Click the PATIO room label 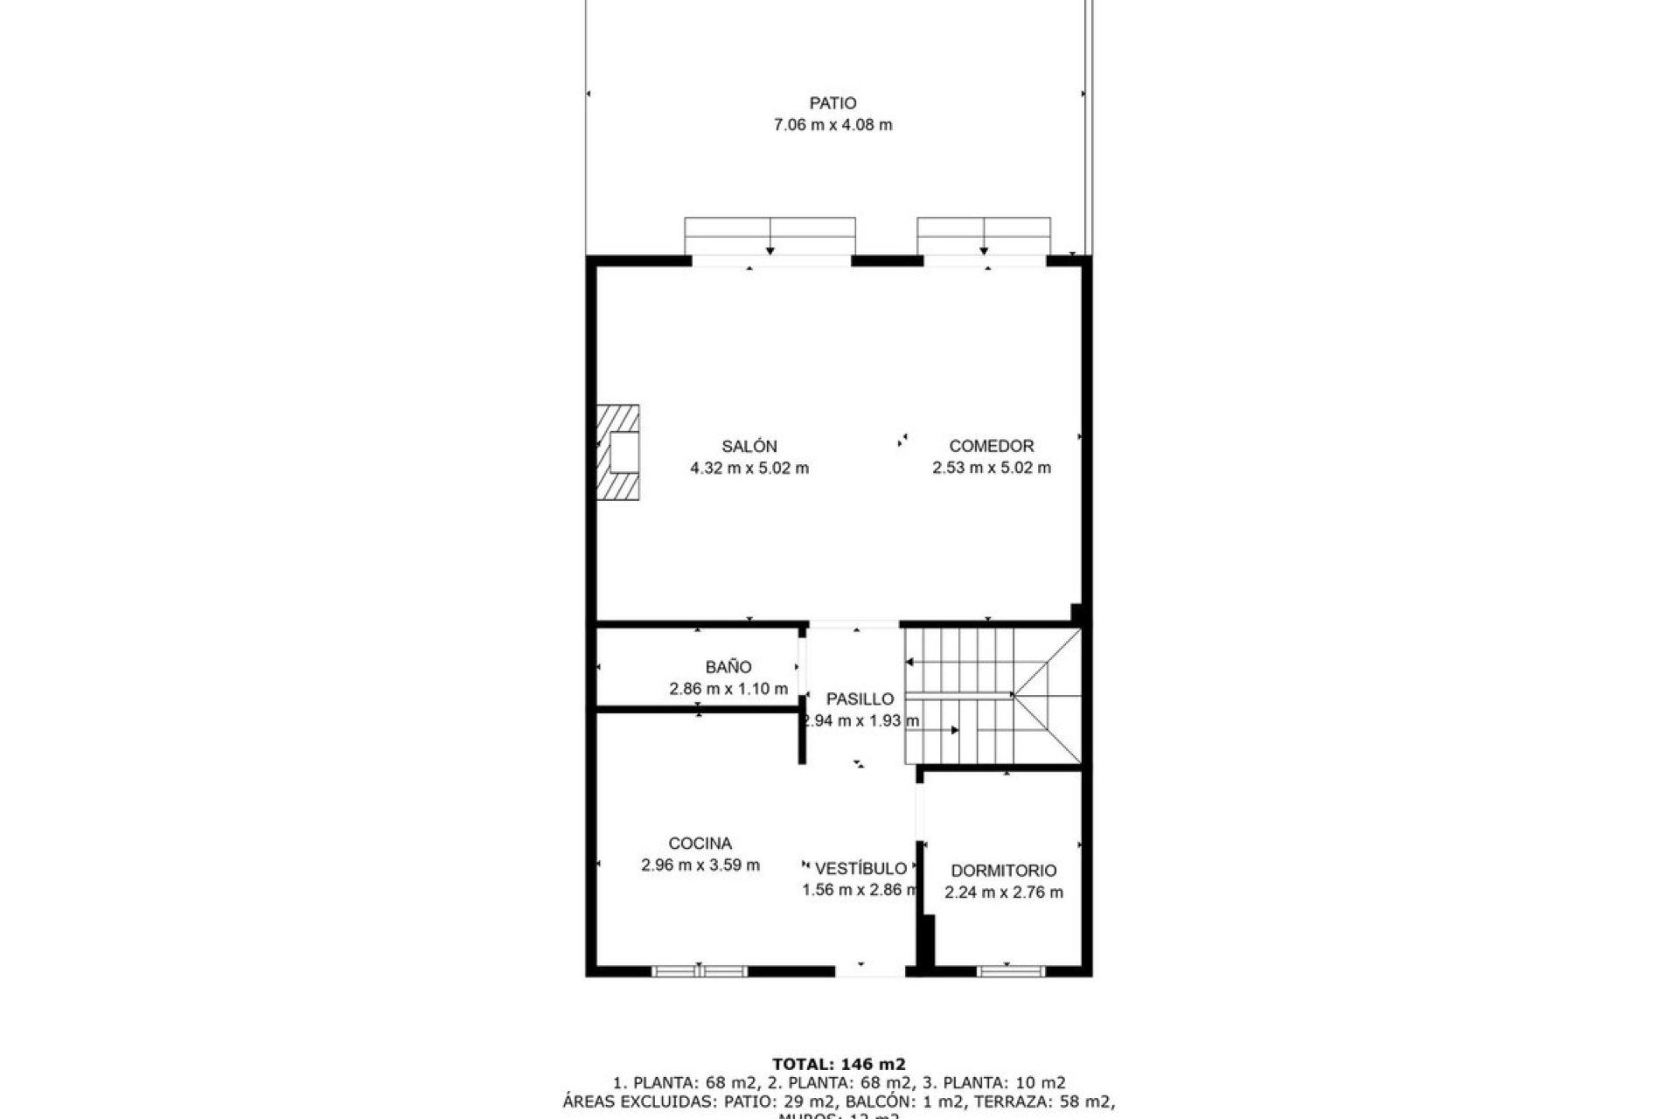point(833,103)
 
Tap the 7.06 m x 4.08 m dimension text point(833,125)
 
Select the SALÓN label point(749,446)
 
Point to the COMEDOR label point(992,446)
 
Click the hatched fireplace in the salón point(618,452)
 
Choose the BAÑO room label point(728,667)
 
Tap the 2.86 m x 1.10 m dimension point(728,689)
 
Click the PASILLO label point(860,699)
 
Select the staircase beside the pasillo point(993,696)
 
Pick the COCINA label point(700,844)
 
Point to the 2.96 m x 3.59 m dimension point(700,865)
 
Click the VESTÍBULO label point(860,869)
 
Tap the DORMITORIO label point(1003,871)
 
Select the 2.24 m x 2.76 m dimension point(1003,893)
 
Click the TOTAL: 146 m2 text point(839,1065)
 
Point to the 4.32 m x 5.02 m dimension point(749,468)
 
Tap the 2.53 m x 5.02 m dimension point(992,468)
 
